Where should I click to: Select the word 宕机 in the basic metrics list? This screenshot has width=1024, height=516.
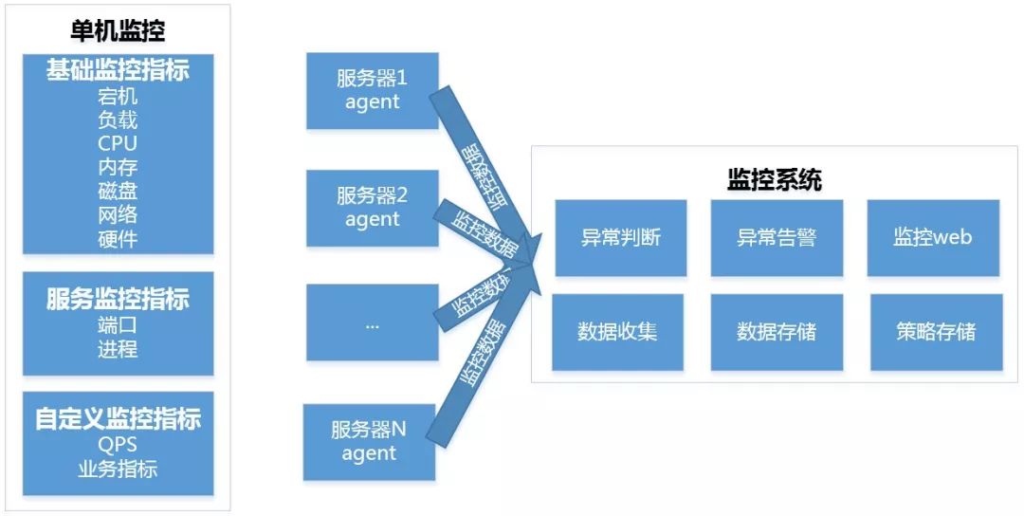click(118, 96)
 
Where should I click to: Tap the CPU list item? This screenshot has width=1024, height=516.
click(118, 143)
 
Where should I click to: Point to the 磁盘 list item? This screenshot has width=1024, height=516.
click(118, 191)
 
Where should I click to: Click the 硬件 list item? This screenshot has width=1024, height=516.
click(118, 238)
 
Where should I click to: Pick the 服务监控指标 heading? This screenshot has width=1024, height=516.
click(118, 300)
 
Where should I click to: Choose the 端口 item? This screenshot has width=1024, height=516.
click(118, 325)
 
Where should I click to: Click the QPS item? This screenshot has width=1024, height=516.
click(118, 445)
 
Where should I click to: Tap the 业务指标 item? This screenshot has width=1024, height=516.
click(118, 469)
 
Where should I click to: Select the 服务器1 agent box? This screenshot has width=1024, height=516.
click(372, 90)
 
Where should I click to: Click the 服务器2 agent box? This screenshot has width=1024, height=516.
click(372, 208)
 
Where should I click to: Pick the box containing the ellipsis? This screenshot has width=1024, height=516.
click(372, 322)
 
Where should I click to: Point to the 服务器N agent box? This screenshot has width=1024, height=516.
click(369, 441)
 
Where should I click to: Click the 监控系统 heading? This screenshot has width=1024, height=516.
click(774, 180)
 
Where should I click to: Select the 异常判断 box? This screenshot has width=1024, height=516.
click(620, 237)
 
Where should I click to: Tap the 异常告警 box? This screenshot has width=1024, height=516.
click(777, 237)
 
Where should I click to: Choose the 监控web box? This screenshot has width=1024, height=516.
click(933, 237)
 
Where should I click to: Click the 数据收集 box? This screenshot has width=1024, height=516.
click(617, 332)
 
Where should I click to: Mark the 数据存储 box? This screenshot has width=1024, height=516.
click(777, 332)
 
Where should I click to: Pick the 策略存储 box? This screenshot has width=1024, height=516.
click(936, 332)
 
